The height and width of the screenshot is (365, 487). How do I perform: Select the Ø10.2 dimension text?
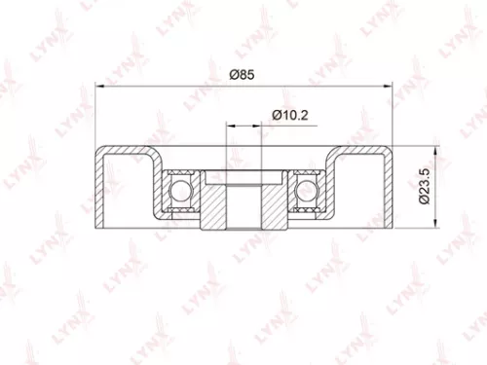290,115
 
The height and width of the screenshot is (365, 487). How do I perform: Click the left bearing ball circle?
179,189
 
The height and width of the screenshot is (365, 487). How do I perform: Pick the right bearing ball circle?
308,189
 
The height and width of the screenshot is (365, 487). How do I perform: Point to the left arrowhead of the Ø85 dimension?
99,86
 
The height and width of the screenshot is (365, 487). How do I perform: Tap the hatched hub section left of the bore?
214,200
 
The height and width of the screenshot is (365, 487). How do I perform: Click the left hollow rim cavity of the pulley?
128,195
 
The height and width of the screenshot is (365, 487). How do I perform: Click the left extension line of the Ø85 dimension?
94,117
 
